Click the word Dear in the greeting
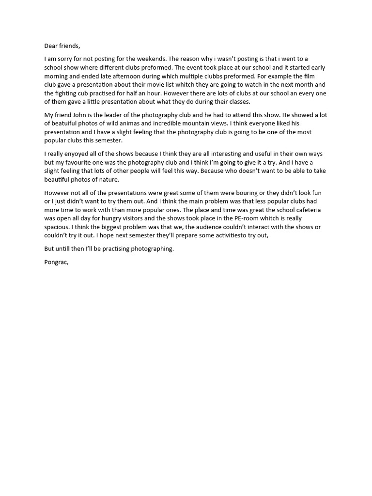click(x=52, y=46)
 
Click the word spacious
click(x=57, y=227)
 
